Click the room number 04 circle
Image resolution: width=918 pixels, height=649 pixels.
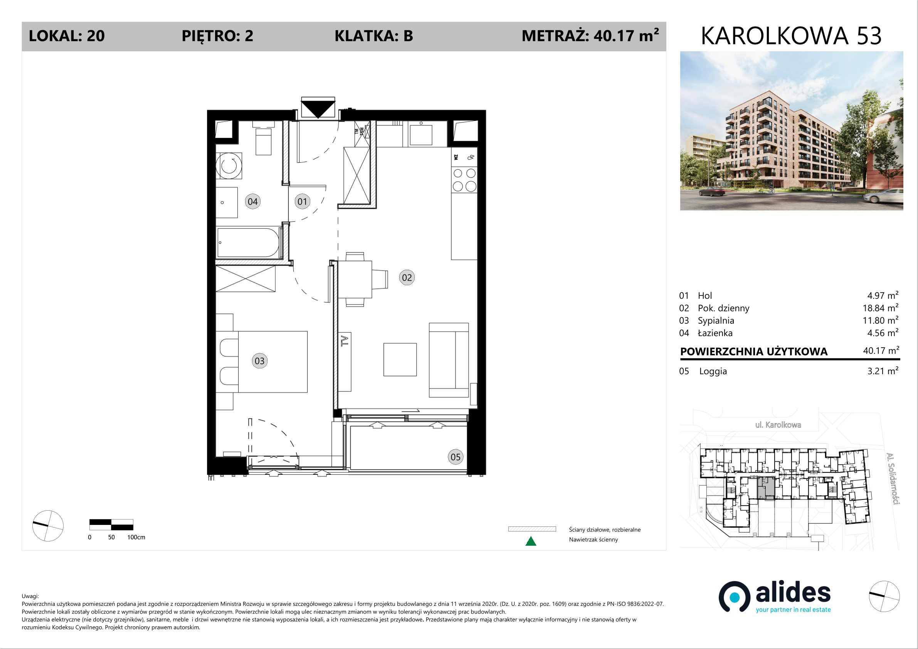click(253, 202)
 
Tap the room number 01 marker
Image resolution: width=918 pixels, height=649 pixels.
click(302, 202)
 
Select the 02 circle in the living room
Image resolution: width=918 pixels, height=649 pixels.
click(407, 277)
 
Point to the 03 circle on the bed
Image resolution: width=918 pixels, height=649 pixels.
click(259, 361)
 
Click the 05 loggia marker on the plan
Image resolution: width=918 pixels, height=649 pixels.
click(456, 457)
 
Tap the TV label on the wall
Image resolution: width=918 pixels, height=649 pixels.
click(345, 341)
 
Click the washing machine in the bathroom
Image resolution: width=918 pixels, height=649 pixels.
click(229, 166)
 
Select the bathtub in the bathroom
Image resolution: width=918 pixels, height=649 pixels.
click(248, 242)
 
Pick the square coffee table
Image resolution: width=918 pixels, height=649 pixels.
click(400, 360)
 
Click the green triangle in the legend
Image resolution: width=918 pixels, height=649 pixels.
click(531, 541)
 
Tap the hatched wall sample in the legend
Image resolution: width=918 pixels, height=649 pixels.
click(532, 529)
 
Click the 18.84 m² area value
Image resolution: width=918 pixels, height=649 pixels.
click(880, 308)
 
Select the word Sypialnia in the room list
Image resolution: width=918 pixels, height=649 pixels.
click(716, 321)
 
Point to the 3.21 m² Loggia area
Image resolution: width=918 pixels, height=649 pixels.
click(883, 371)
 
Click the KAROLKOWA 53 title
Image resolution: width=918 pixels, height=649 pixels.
click(791, 36)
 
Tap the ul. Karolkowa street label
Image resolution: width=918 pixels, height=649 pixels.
click(778, 425)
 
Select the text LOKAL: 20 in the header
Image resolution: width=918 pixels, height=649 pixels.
click(67, 36)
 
